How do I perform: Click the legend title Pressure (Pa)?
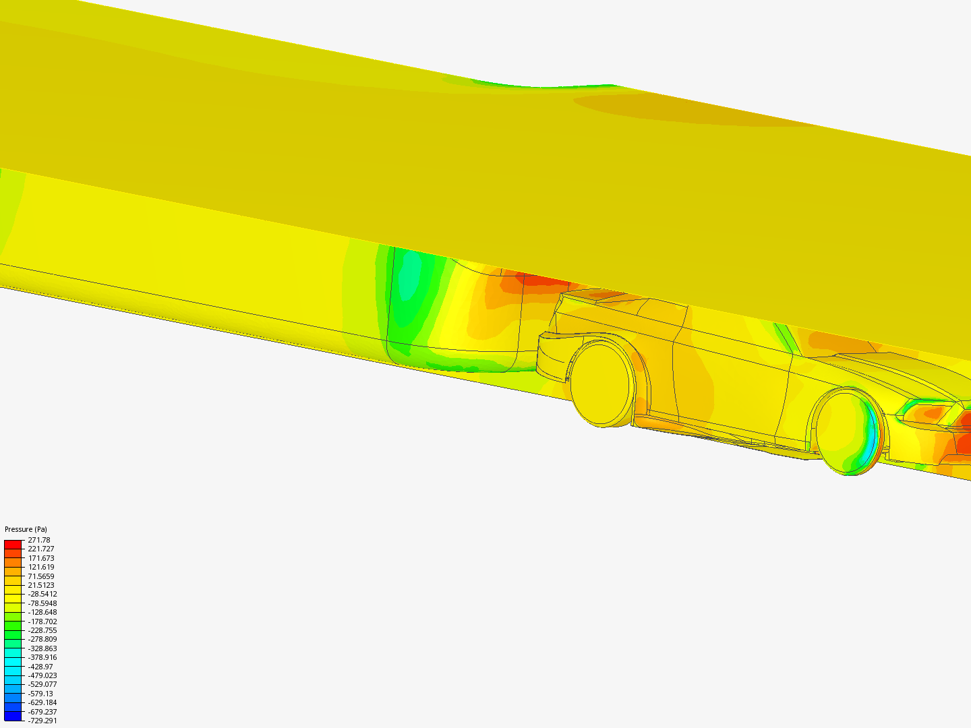pyautogui.click(x=26, y=529)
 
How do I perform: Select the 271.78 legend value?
pyautogui.click(x=39, y=540)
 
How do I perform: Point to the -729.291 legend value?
pyautogui.click(x=42, y=721)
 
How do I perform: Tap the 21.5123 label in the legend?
pyautogui.click(x=41, y=585)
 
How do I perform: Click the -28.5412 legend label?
pyautogui.click(x=42, y=594)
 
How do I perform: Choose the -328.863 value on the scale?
pyautogui.click(x=42, y=648)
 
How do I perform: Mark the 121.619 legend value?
pyautogui.click(x=41, y=567)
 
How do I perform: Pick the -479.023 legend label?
pyautogui.click(x=42, y=675)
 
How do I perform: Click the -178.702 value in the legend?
pyautogui.click(x=42, y=621)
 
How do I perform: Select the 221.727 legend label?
pyautogui.click(x=41, y=549)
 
